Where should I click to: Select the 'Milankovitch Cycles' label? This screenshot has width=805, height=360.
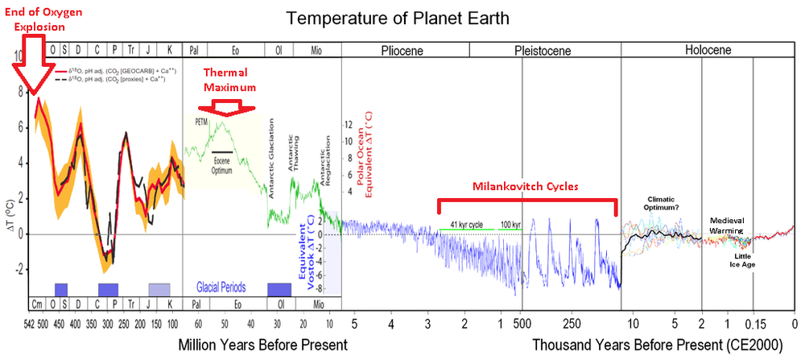pyautogui.click(x=526, y=185)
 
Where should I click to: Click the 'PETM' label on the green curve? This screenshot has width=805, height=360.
pyautogui.click(x=201, y=122)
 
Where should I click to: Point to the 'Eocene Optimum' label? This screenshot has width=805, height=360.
pyautogui.click(x=224, y=164)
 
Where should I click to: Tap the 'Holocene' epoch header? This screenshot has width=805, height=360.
pyautogui.click(x=707, y=50)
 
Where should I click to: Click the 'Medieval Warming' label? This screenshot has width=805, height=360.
pyautogui.click(x=732, y=224)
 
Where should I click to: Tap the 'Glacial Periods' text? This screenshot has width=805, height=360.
pyautogui.click(x=221, y=288)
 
